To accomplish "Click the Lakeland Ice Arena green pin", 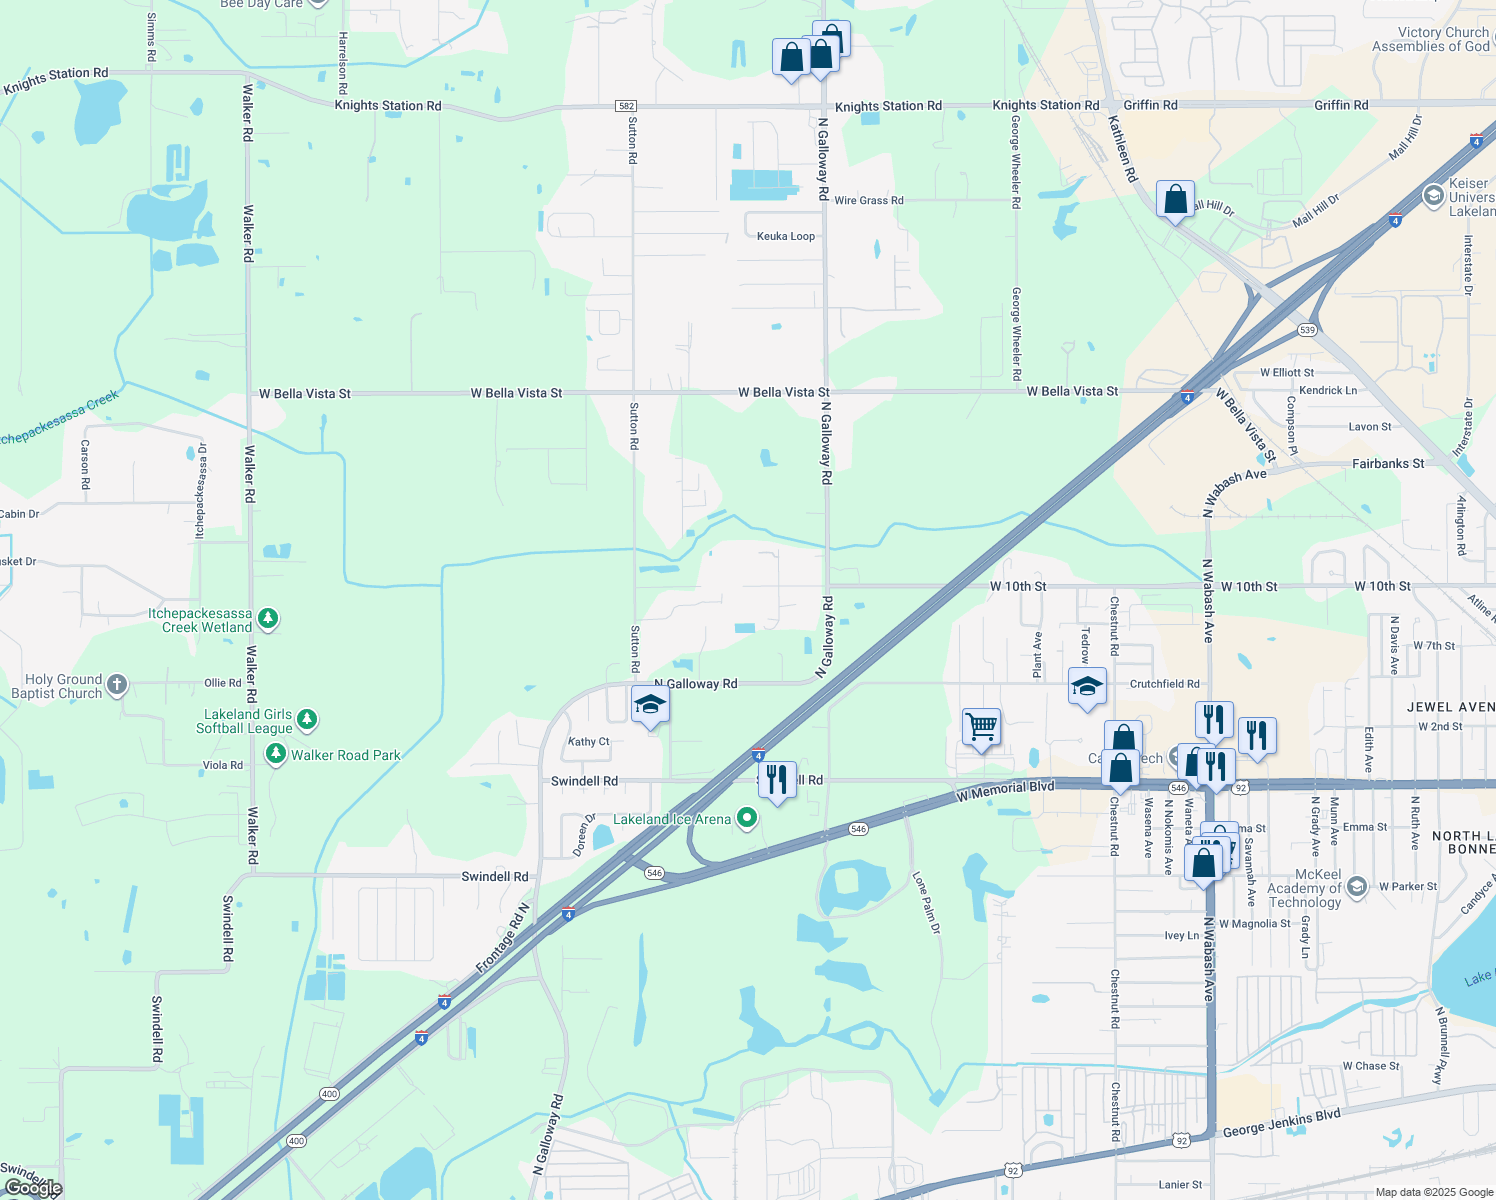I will [746, 818].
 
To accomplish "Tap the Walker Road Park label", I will [345, 756].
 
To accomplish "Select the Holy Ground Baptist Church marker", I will [117, 685].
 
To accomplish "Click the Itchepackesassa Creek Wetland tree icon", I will [267, 619].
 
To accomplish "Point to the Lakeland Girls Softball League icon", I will [307, 720].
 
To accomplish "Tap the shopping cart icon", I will [981, 727].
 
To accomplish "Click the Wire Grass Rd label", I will [868, 201].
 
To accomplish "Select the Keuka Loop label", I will [786, 237].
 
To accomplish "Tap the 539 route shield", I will [1307, 330].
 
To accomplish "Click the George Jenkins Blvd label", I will [1281, 1123].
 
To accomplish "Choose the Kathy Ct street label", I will [588, 742].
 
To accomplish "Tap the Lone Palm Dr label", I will [926, 903].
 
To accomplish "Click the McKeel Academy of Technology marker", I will [1357, 886].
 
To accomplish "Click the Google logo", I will [32, 1188].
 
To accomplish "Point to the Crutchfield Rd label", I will [1164, 684].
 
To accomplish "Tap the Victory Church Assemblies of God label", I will [1430, 40].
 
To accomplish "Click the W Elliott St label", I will [1287, 373].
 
